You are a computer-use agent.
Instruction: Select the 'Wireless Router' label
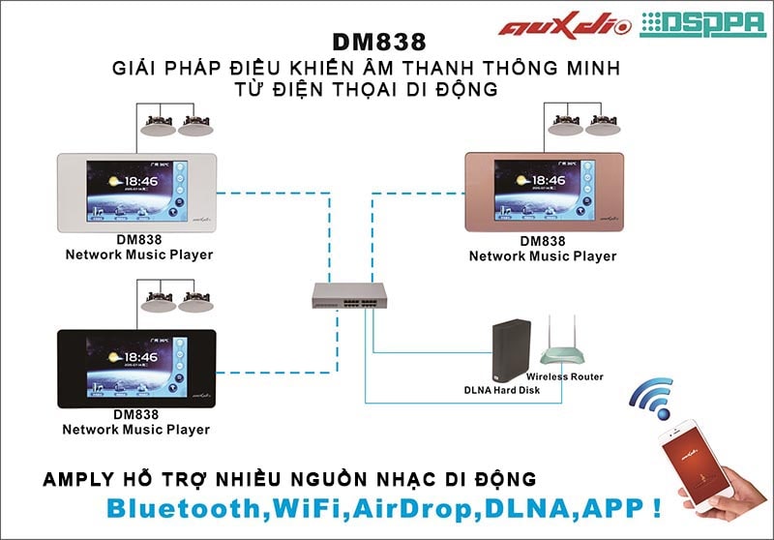pyautogui.click(x=565, y=376)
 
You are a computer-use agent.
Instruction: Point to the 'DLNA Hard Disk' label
pyautogui.click(x=501, y=390)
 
